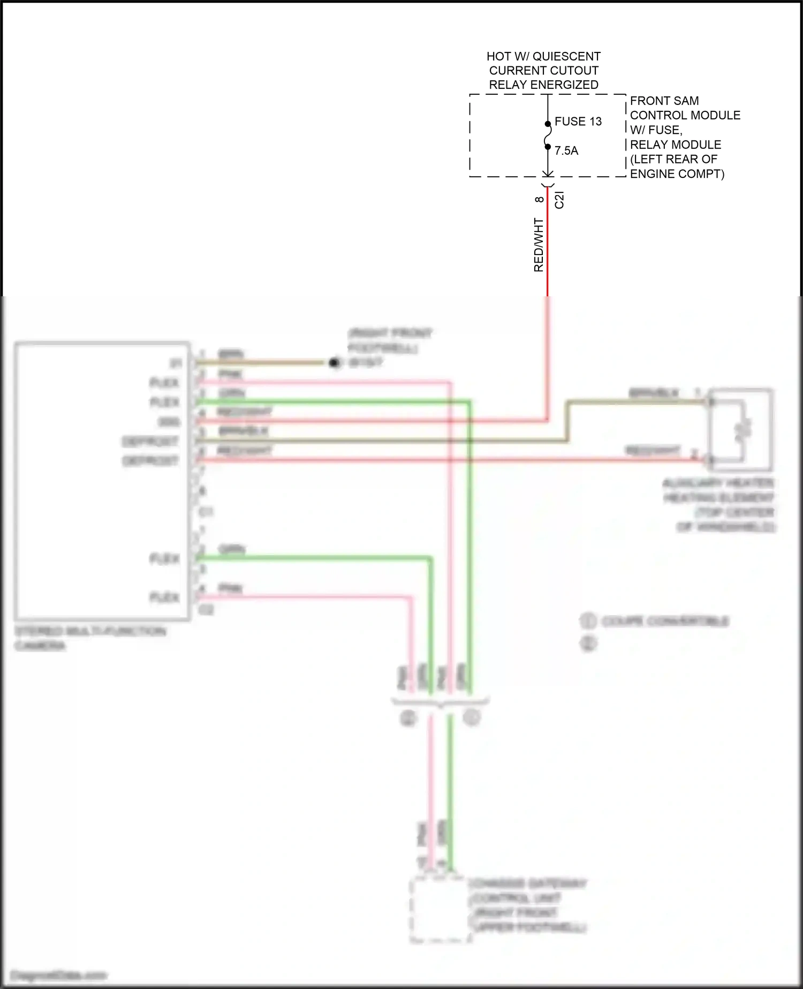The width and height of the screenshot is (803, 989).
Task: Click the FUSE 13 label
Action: click(x=578, y=122)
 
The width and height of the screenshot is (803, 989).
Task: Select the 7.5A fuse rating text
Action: click(x=566, y=151)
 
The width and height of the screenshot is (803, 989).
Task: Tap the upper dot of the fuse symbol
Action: click(x=548, y=124)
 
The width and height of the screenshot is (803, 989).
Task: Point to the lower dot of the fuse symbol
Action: click(x=548, y=147)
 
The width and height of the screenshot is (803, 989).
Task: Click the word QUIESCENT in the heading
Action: click(x=566, y=56)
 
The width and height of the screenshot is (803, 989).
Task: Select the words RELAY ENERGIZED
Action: click(x=543, y=85)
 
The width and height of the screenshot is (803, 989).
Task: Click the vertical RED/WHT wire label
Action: click(x=539, y=245)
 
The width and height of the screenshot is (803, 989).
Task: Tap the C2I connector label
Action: click(x=559, y=200)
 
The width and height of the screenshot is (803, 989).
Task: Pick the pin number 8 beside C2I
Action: click(x=539, y=199)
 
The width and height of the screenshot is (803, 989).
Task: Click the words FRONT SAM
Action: click(x=664, y=101)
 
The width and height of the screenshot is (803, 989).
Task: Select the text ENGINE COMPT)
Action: click(x=677, y=174)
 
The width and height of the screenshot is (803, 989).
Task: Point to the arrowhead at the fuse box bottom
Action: click(x=548, y=174)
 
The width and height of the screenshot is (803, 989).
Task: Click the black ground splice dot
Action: click(x=335, y=363)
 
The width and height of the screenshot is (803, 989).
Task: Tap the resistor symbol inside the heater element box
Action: click(x=743, y=430)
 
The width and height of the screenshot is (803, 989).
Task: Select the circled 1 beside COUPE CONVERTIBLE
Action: click(x=588, y=621)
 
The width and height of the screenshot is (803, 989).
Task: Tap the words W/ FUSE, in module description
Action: click(x=656, y=130)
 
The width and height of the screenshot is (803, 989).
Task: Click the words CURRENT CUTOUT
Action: click(x=543, y=71)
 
